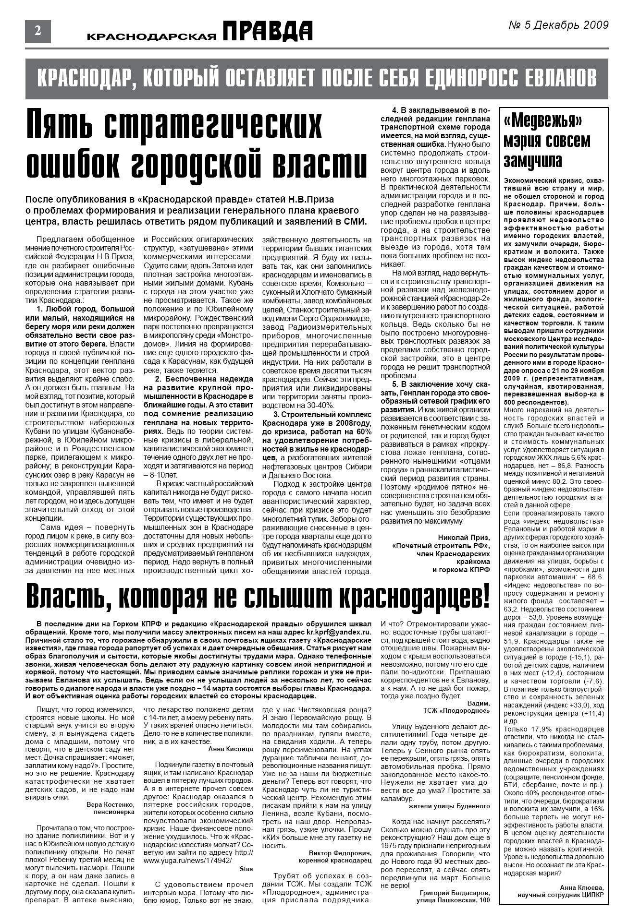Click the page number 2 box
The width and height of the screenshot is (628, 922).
[37, 31]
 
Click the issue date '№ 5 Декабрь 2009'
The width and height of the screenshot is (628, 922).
[558, 25]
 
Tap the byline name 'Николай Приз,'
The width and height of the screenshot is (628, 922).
[464, 537]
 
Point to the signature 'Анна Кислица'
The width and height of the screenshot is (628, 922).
[231, 748]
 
